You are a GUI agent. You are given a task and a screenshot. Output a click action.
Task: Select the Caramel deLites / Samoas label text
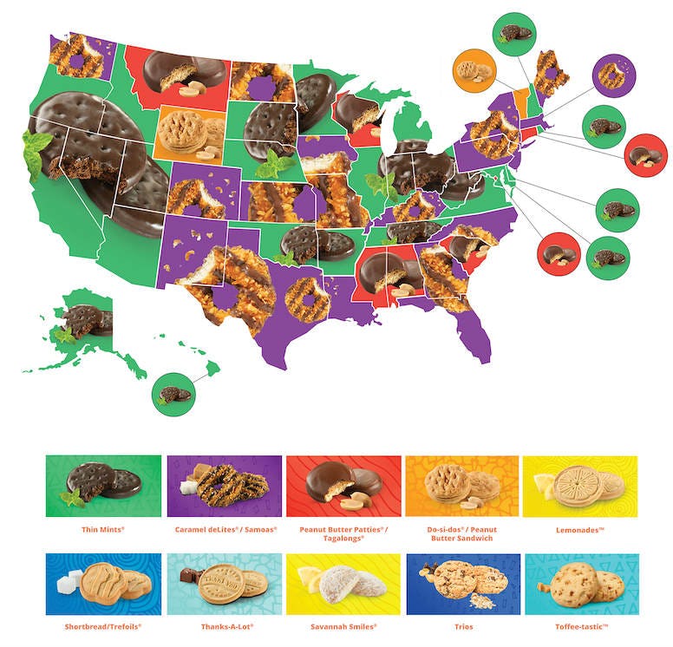click(224, 526)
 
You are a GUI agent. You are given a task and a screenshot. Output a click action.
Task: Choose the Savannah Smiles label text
click(343, 624)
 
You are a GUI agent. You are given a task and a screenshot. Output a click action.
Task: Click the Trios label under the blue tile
click(461, 624)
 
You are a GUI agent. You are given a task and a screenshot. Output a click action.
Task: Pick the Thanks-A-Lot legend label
click(223, 624)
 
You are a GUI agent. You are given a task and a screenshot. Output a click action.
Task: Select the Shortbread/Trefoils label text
click(102, 624)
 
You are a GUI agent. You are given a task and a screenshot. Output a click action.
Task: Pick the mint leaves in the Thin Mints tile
click(71, 498)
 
